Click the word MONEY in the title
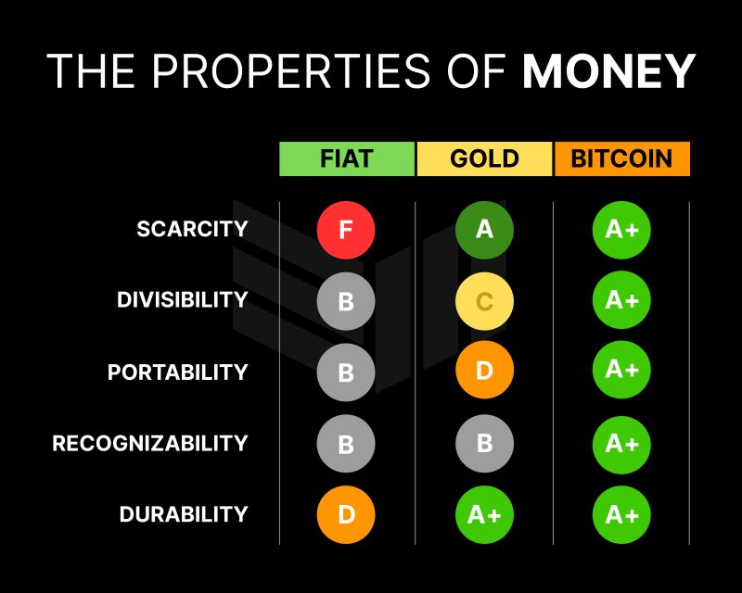[x=608, y=71]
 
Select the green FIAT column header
[x=346, y=158]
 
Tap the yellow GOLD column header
[x=484, y=158]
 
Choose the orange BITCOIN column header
[x=621, y=158]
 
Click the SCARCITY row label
[x=192, y=229]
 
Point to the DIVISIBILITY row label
[x=182, y=300]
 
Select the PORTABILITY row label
[x=177, y=372]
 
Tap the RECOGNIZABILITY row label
[x=150, y=443]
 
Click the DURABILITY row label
[x=184, y=514]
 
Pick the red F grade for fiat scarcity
[x=346, y=229]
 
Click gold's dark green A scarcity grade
[x=484, y=229]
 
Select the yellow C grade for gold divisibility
[x=484, y=300]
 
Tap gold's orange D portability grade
[x=484, y=372]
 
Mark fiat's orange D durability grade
[x=346, y=514]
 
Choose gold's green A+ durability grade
[x=484, y=514]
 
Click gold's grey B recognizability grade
[x=484, y=443]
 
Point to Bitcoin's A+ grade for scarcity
[x=621, y=229]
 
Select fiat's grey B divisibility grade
[x=346, y=300]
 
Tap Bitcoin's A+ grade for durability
[x=621, y=514]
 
